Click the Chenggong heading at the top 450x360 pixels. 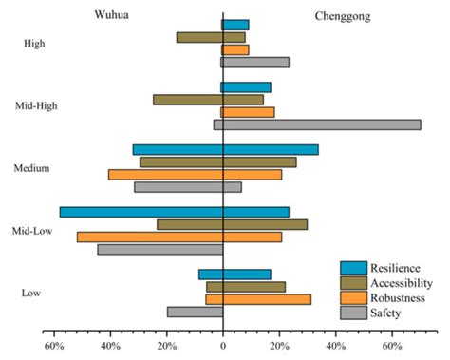pyautogui.click(x=343, y=16)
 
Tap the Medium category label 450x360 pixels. pyautogui.click(x=32, y=168)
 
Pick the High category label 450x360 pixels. pyautogui.click(x=35, y=44)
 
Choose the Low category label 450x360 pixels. pyautogui.click(x=30, y=293)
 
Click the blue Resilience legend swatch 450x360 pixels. pyautogui.click(x=353, y=268)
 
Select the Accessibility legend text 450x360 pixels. pyautogui.click(x=402, y=283)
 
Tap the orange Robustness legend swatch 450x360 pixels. pyautogui.click(x=353, y=298)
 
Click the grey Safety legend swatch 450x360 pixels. pyautogui.click(x=353, y=313)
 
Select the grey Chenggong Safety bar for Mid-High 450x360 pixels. pyautogui.click(x=322, y=124)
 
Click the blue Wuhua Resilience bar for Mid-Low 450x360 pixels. pyautogui.click(x=141, y=212)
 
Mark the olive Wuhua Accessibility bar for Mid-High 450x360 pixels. pyautogui.click(x=188, y=100)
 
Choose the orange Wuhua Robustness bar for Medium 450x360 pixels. pyautogui.click(x=166, y=175)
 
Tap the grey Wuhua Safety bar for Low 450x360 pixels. pyautogui.click(x=196, y=312)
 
